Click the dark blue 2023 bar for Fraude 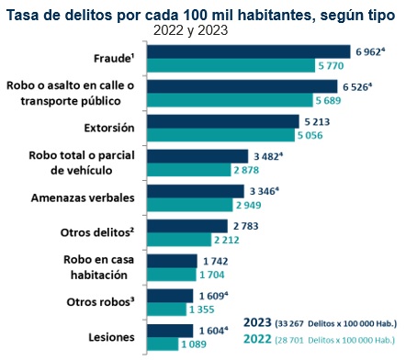pos(249,51)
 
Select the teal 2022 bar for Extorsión pos(220,135)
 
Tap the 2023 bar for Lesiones pos(170,331)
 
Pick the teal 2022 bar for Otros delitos pos(179,240)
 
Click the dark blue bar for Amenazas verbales pos(196,191)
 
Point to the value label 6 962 pos(367,52)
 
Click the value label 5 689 pos(328,100)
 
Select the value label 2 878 pos(246,170)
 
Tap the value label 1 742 pos(216,261)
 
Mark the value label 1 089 pos(194,344)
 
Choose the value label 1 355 pos(202,309)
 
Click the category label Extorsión pos(109,128)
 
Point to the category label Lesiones pos(111,337)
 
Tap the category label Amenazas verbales pos(83,197)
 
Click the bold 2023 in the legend pos(257,322)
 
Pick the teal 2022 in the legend pos(257,339)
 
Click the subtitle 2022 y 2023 pos(190,30)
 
